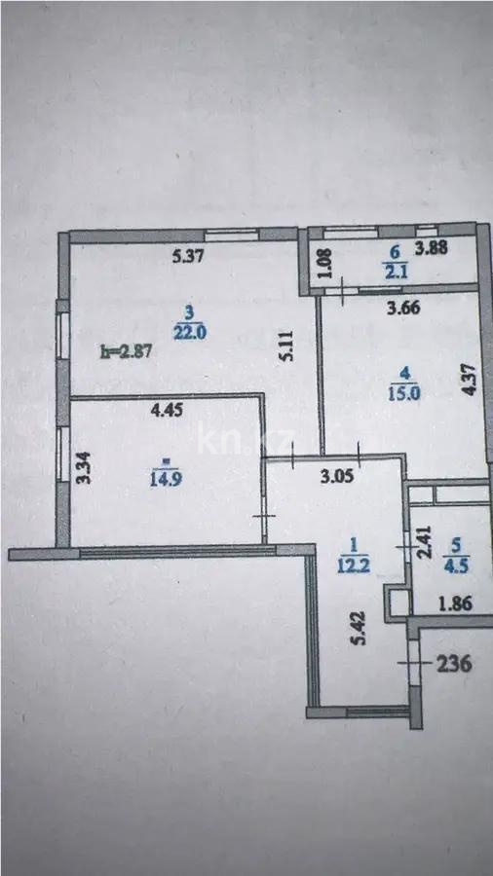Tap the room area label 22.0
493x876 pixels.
[188, 331]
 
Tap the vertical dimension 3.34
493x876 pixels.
[85, 470]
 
